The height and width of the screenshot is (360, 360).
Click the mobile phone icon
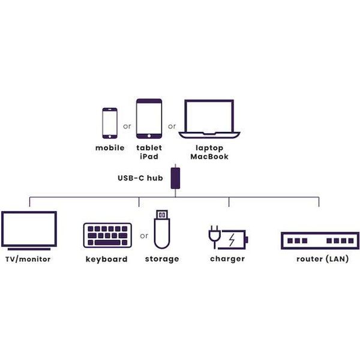(110, 122)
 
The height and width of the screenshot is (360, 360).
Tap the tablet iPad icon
(149, 118)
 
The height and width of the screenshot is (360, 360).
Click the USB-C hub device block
(176, 178)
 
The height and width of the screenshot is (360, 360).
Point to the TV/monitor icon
(29, 230)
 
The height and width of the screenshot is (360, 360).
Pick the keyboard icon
(107, 235)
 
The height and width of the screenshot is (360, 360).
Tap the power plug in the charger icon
(214, 236)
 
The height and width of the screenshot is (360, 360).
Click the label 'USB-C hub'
(140, 178)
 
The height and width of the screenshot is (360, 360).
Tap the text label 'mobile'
(110, 148)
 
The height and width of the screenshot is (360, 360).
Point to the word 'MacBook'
(209, 157)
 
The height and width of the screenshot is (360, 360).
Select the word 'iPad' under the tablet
(149, 157)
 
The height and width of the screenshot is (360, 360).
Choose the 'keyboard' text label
(106, 259)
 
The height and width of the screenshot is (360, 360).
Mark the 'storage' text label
(161, 259)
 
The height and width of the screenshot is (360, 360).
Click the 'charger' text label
(227, 259)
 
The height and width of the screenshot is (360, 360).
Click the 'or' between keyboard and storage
(144, 236)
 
